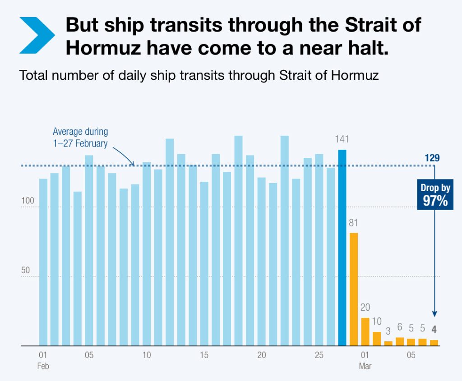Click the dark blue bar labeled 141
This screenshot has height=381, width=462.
(342, 248)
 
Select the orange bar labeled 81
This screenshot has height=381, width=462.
(354, 289)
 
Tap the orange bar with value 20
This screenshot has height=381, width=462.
(365, 331)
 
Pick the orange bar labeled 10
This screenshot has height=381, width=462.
(377, 339)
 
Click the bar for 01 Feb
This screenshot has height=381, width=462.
(43, 262)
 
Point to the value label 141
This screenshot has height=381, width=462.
(342, 139)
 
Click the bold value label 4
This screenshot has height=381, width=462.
(434, 329)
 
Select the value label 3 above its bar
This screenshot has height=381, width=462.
(388, 332)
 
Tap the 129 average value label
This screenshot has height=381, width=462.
(432, 158)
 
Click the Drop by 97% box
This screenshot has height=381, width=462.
(435, 195)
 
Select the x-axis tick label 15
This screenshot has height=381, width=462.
(204, 355)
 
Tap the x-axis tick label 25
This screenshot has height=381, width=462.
(319, 355)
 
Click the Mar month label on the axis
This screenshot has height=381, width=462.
(365, 366)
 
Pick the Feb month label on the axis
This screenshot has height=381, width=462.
(43, 366)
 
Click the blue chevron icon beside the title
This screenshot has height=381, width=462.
(37, 35)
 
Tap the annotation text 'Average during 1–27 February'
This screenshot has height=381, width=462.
(80, 138)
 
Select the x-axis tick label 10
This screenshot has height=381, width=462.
(147, 355)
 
